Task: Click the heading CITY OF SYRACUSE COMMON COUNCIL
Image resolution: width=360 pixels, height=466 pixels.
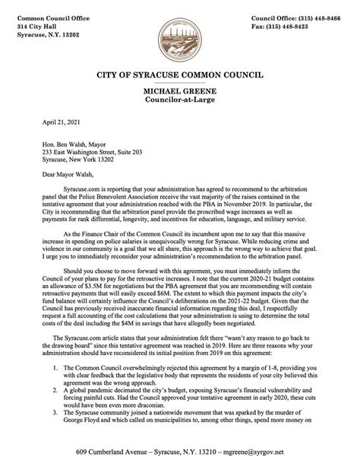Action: pyautogui.click(x=180, y=76)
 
